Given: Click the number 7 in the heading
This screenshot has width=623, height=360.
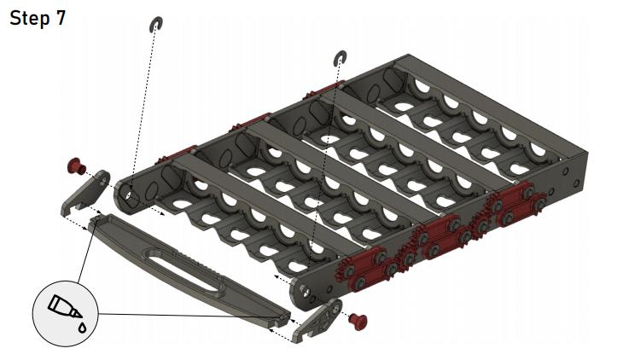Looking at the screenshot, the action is tap(60, 18).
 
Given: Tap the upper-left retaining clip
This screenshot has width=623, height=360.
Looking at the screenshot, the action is tap(155, 24).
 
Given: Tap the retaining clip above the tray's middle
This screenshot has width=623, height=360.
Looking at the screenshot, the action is tap(341, 58).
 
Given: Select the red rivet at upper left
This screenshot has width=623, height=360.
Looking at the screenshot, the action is tap(76, 165).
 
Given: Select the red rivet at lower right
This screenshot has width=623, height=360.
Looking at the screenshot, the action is tap(358, 321).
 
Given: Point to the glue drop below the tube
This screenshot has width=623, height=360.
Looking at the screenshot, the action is tap(82, 328).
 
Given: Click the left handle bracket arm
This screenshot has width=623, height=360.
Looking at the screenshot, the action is tap(85, 192).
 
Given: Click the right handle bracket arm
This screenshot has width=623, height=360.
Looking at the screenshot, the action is tap(317, 320).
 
